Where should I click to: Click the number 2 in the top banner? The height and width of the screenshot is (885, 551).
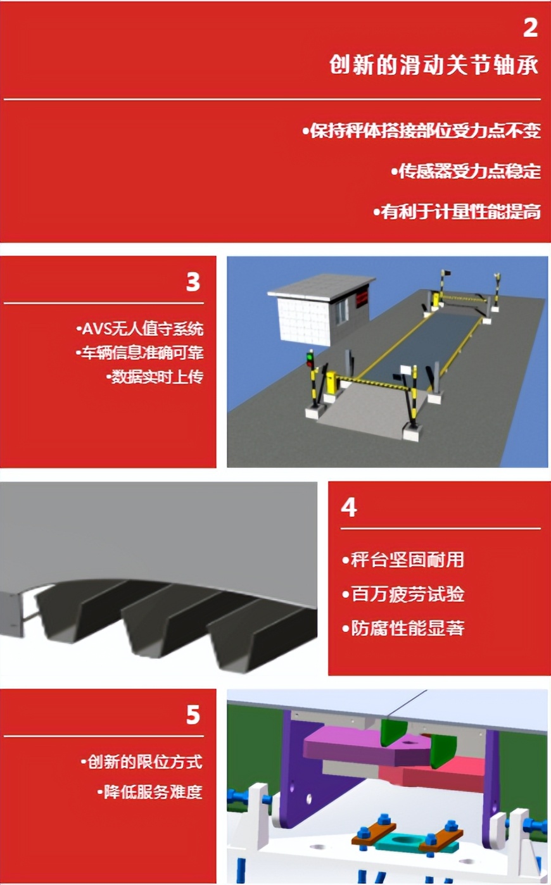point(530,27)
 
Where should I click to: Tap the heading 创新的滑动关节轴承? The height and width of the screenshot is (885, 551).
point(434,65)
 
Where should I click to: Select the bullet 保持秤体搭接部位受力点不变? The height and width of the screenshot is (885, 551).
point(422,130)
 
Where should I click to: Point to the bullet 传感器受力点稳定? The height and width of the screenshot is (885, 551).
point(465,171)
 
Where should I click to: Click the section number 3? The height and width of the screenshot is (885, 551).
point(193,282)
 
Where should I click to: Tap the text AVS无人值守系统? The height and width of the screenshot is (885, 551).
point(140,329)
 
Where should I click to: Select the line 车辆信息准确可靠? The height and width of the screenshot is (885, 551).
point(140,353)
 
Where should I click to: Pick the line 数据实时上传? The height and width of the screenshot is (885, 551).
point(155,377)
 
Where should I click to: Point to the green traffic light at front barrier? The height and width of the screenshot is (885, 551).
point(310,359)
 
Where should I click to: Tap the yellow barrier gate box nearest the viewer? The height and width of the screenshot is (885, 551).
point(331,382)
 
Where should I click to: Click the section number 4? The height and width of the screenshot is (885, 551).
point(348,507)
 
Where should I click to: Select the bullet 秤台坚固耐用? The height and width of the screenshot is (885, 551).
point(403,560)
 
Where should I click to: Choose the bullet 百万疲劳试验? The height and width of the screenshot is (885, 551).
point(403,594)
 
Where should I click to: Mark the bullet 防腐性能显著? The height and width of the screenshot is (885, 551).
point(403,628)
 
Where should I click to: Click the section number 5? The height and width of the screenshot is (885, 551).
point(193,715)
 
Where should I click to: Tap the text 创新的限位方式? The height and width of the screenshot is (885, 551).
point(142,762)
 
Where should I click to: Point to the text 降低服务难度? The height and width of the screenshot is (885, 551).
point(150,792)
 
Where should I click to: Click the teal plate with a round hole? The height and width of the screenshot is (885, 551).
point(403,840)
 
